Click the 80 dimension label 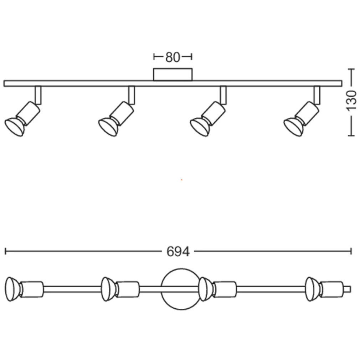(x=173, y=57)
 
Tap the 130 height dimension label (x=351, y=101)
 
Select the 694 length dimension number (x=178, y=251)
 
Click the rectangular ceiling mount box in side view (x=173, y=74)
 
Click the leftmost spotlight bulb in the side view (x=15, y=127)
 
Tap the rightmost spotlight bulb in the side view (x=293, y=127)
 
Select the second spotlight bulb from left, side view (x=108, y=127)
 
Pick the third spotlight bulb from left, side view (x=200, y=127)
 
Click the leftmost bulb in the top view (x=12, y=289)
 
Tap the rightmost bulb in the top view (x=312, y=289)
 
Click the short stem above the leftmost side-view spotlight (x=38, y=95)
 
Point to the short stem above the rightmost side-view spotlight (x=317, y=95)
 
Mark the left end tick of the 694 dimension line (x=5, y=251)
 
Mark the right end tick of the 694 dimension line (x=351, y=251)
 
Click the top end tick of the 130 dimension (x=351, y=69)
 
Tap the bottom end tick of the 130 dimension (x=351, y=136)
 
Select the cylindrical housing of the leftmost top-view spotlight (x=31, y=289)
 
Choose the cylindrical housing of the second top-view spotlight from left (x=127, y=289)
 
